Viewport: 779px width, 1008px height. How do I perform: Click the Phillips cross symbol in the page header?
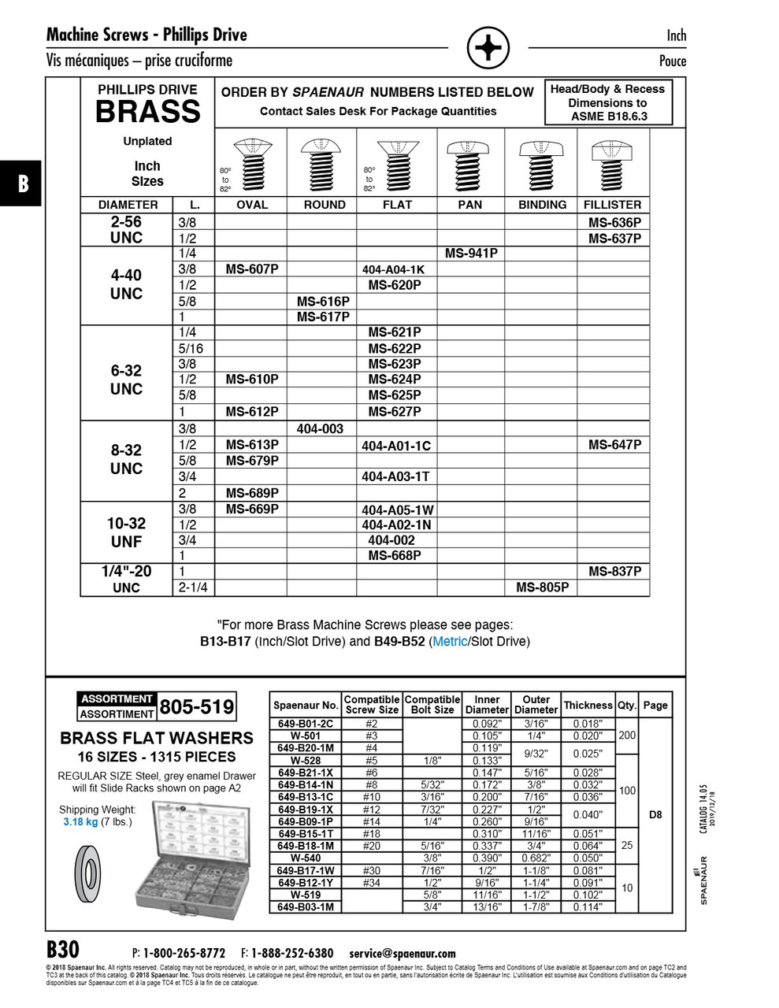(488, 49)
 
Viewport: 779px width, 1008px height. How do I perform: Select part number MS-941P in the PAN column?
(471, 254)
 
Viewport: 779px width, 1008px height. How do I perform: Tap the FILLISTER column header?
(613, 205)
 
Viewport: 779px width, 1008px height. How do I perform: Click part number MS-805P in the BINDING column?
(542, 587)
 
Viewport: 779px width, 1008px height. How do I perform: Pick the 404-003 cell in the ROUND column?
(320, 429)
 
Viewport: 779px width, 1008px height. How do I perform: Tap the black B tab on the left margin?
(22, 183)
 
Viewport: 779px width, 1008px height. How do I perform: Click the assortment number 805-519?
(197, 706)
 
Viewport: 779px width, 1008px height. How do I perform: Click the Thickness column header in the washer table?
(588, 706)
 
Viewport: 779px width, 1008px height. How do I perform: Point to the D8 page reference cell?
(655, 815)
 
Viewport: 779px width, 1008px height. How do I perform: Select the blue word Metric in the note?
(450, 642)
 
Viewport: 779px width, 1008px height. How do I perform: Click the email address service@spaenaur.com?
(402, 953)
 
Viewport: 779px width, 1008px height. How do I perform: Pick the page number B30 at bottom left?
(63, 949)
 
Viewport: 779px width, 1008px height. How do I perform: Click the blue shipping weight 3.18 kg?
(80, 822)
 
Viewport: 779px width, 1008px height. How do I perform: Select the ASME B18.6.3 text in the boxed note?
(609, 117)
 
